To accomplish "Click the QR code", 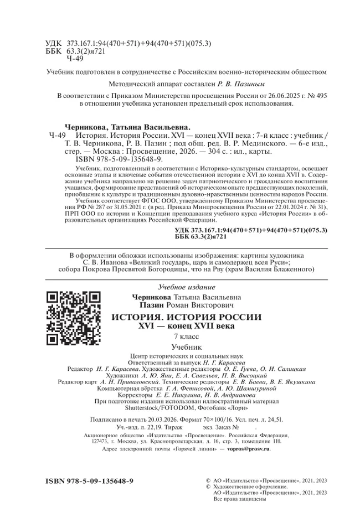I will [x=73, y=318].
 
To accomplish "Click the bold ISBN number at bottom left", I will [x=89, y=482].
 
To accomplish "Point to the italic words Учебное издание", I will [x=186, y=287].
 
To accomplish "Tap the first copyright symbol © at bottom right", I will [x=208, y=481].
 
